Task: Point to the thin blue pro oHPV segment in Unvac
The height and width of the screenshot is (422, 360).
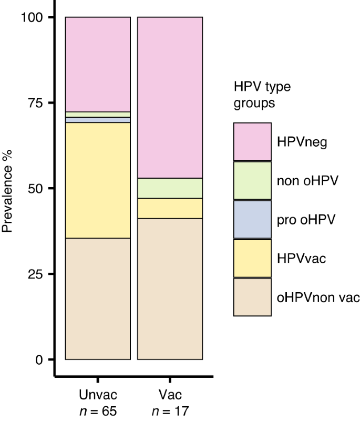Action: tap(98, 120)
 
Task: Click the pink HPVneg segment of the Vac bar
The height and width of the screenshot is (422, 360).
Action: tap(170, 97)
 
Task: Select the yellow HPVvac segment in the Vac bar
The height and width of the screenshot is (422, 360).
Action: tap(170, 208)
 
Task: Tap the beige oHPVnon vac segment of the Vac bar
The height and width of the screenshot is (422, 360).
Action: tap(170, 289)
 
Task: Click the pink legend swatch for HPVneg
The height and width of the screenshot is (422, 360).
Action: tap(252, 142)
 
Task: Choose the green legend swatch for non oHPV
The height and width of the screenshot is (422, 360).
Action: tap(252, 181)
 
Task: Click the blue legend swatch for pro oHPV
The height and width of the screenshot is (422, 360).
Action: tap(252, 220)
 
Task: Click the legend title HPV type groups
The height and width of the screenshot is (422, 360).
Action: tap(262, 95)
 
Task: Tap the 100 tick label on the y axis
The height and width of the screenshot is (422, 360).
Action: tap(35, 17)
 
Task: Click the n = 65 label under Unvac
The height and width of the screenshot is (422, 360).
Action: tap(98, 410)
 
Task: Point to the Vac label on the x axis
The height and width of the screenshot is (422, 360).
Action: tap(170, 395)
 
